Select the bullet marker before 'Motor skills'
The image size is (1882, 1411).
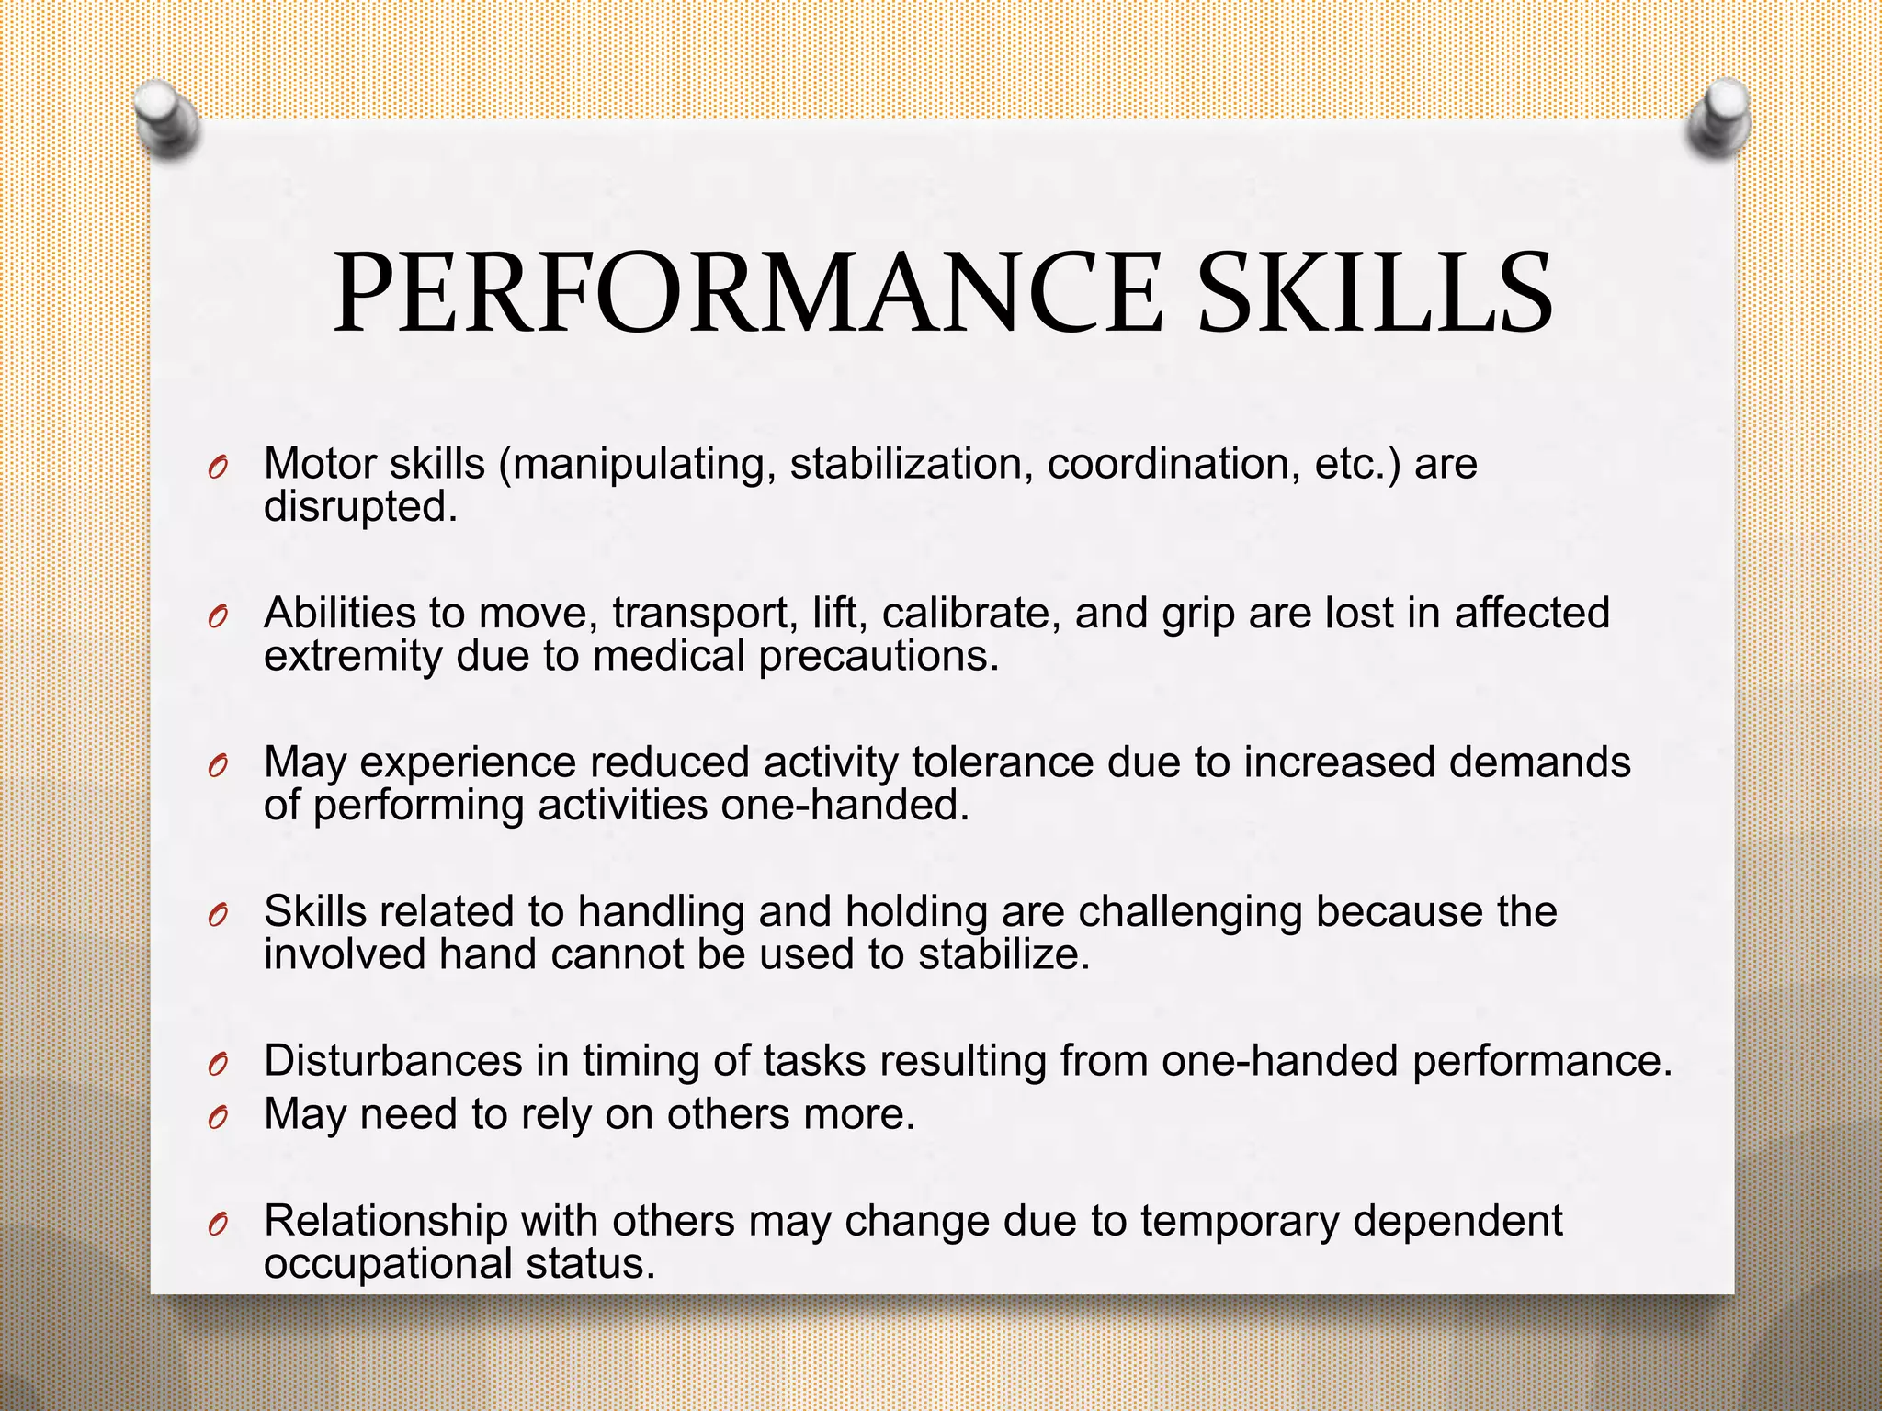pos(217,468)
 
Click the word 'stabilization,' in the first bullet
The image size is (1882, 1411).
pos(906,464)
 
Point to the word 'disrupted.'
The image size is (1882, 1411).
pos(360,507)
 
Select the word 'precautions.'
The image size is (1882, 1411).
pos(879,656)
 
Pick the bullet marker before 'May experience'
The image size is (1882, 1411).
pos(217,766)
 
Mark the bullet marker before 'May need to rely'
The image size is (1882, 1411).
pos(217,1118)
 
